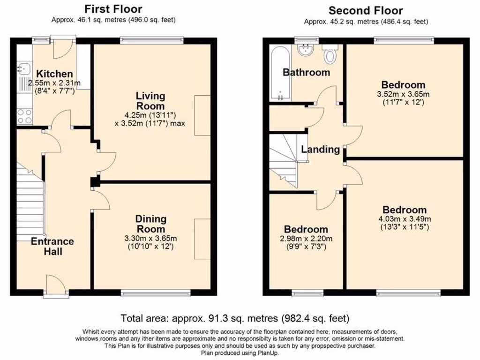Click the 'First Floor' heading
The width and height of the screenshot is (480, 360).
113,9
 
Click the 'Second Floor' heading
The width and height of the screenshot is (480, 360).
366,10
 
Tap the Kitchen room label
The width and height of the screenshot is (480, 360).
55,74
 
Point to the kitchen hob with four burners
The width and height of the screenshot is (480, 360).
24,116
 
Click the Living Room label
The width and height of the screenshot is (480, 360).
150,101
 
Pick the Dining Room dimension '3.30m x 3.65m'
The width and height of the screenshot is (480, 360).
150,238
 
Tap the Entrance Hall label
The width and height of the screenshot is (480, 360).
52,246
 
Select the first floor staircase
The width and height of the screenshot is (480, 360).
31,202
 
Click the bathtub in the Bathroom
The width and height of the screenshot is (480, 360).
281,74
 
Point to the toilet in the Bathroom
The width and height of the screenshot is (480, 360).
330,53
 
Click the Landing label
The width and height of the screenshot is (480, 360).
320,150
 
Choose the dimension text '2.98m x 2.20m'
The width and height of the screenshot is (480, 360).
306,239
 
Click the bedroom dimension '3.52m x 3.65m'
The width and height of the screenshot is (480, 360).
403,94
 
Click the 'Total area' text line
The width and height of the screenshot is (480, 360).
235,318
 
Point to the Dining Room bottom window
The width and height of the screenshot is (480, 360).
155,293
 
